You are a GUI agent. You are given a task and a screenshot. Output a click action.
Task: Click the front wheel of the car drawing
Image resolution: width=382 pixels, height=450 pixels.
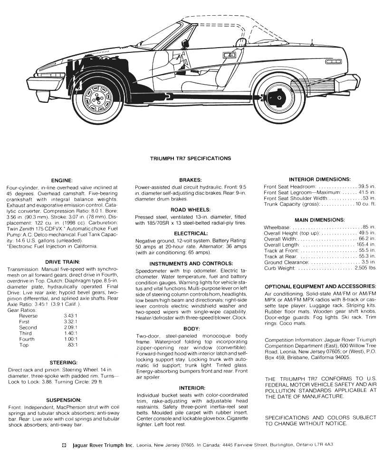point(102,101)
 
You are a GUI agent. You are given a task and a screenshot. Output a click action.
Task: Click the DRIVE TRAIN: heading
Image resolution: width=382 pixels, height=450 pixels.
point(63,262)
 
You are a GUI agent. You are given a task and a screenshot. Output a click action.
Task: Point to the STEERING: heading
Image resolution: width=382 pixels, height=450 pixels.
point(63,362)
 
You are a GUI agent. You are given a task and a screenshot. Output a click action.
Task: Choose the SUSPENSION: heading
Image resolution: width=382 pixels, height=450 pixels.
point(63,400)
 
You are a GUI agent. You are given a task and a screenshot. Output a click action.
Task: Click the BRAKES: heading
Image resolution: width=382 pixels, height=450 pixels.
point(190,180)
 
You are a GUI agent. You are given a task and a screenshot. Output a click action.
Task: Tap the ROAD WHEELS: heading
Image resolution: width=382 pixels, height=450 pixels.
point(190,210)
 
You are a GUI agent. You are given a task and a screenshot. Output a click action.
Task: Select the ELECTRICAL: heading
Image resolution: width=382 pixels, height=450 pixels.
point(190,233)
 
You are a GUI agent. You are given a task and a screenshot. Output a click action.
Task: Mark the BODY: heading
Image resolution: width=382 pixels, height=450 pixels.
point(190,329)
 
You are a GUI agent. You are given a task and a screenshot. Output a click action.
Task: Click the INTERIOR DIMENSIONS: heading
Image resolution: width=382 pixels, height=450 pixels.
point(319,179)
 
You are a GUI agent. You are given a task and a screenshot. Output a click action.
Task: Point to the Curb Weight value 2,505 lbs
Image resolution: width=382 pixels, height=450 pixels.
point(365,269)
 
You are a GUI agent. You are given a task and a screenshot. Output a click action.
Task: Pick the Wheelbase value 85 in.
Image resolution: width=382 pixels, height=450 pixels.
point(368,227)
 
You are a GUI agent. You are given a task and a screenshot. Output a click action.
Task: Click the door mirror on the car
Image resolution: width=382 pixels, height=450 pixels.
point(231,55)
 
